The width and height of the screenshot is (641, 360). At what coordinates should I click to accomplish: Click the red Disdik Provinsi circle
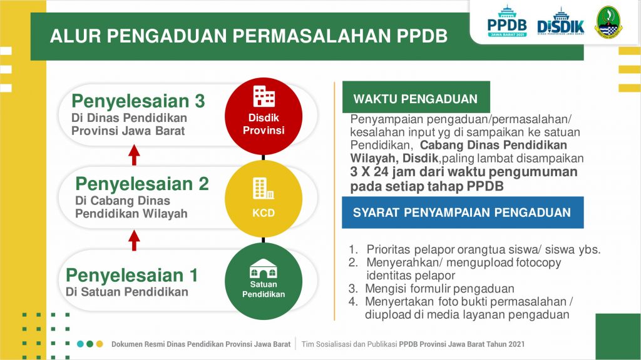(x=264, y=116)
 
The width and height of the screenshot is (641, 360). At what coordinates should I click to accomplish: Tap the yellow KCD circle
(x=264, y=199)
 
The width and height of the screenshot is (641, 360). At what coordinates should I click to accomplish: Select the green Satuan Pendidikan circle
(x=264, y=281)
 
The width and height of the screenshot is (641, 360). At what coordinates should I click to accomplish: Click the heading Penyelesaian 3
(x=138, y=101)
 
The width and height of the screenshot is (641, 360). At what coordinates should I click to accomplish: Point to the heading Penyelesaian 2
(x=142, y=184)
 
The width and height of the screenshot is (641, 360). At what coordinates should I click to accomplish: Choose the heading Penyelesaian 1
(x=131, y=275)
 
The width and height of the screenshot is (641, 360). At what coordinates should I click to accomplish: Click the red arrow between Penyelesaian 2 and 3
(x=134, y=155)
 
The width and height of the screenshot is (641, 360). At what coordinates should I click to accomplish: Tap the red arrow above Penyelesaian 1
(x=134, y=241)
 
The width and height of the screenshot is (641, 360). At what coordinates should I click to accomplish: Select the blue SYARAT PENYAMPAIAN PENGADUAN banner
(x=463, y=212)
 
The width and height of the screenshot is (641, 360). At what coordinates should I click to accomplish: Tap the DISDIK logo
(x=560, y=22)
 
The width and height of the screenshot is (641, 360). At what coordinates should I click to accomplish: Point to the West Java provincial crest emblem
(x=608, y=22)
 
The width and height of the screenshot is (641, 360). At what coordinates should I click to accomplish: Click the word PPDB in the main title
(x=422, y=36)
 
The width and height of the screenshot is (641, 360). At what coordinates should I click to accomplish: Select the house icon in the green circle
(x=264, y=268)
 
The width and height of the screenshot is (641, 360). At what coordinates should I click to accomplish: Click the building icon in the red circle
(x=264, y=96)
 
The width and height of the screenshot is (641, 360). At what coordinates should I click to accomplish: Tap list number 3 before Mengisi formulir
(x=353, y=289)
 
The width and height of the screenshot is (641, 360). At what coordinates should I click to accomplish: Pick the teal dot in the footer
(x=80, y=344)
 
